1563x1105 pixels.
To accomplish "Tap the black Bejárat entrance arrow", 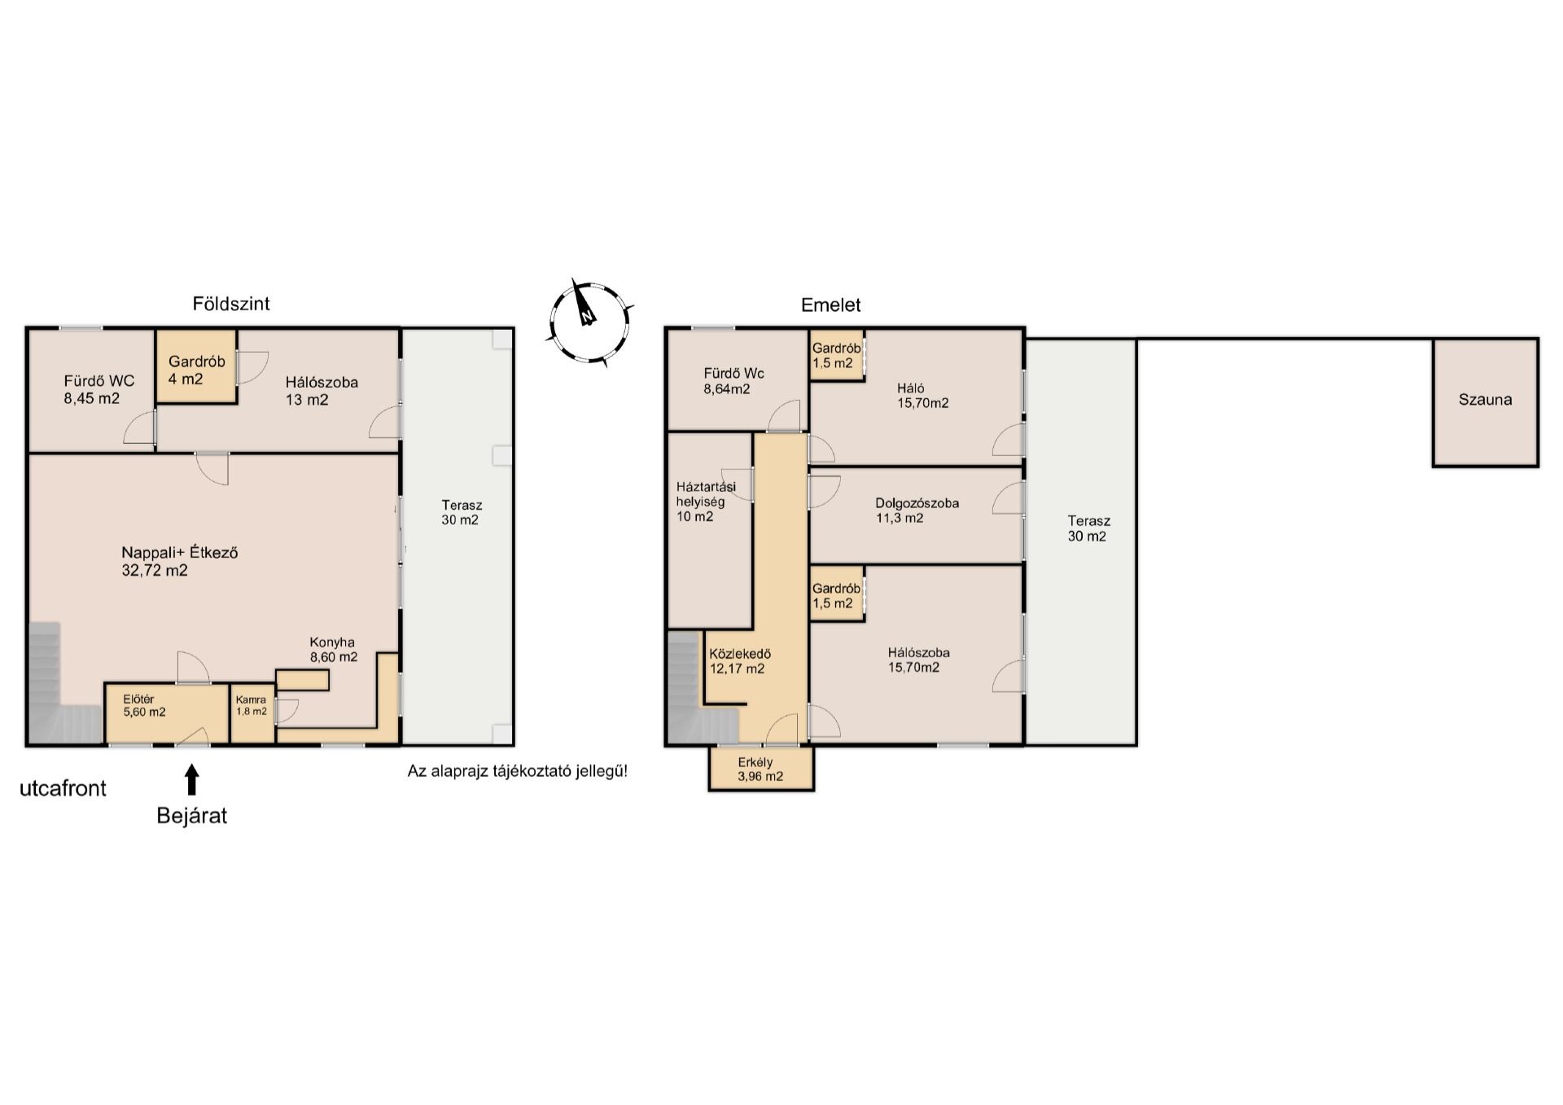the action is click(192, 779).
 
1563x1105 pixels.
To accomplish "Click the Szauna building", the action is click(1486, 402).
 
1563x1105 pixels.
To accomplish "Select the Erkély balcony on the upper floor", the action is click(761, 768).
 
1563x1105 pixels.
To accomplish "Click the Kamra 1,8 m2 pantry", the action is click(252, 713).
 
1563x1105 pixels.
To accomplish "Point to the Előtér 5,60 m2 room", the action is click(167, 713).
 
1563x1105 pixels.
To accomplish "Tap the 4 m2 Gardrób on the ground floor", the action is click(196, 366).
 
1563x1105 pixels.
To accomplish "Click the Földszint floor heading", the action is click(231, 304).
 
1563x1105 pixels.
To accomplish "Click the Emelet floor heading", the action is click(830, 305).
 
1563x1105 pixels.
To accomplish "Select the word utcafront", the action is click(63, 788).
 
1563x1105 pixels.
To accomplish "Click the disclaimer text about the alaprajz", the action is click(518, 771).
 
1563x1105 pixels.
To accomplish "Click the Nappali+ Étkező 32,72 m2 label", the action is click(180, 561).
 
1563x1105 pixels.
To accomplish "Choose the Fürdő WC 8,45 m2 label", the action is click(99, 389).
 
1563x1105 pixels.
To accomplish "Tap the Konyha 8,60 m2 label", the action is click(333, 649).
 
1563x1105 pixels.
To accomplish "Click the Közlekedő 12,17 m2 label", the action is click(739, 661).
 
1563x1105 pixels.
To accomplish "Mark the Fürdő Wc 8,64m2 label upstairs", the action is click(733, 381).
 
